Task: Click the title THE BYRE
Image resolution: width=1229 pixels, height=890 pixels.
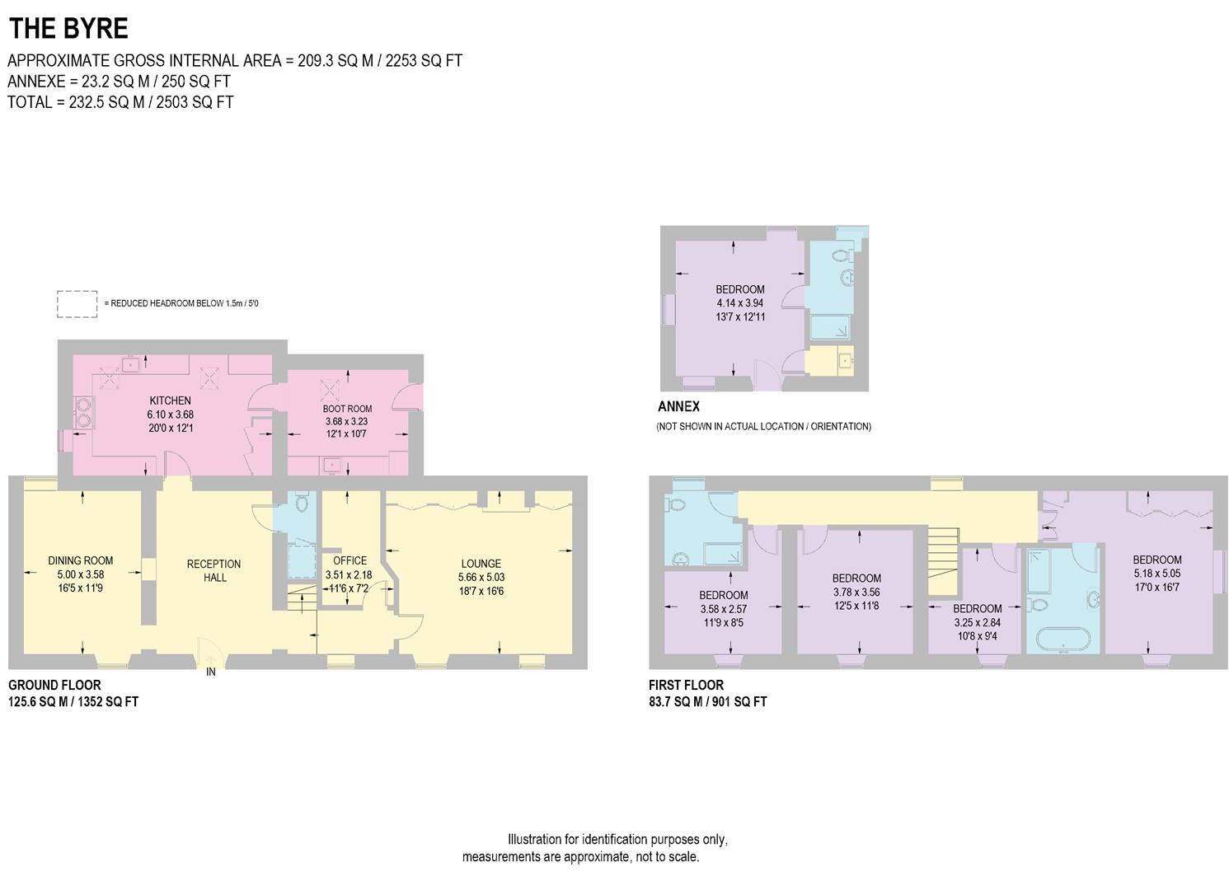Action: pyautogui.click(x=68, y=29)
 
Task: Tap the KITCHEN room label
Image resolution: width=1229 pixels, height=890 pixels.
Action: pyautogui.click(x=170, y=400)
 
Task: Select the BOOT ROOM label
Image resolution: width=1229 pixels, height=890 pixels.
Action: pyautogui.click(x=347, y=409)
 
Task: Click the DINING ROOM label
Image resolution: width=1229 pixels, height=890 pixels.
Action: pyautogui.click(x=81, y=560)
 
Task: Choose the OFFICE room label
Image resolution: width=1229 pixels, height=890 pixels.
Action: pyautogui.click(x=349, y=560)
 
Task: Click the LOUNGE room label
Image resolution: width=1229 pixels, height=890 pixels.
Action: pyautogui.click(x=481, y=564)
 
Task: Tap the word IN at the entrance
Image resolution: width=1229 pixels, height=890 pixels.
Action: pyautogui.click(x=211, y=672)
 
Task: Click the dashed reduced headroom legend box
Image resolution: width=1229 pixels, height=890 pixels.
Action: pyautogui.click(x=77, y=304)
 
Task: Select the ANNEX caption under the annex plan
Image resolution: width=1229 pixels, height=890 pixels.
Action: pyautogui.click(x=678, y=406)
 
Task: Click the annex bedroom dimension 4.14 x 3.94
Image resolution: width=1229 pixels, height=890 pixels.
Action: pyautogui.click(x=740, y=303)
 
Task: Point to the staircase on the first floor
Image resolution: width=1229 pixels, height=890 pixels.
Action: pyautogui.click(x=945, y=560)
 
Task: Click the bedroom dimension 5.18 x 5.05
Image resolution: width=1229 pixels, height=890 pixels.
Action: pyautogui.click(x=1156, y=573)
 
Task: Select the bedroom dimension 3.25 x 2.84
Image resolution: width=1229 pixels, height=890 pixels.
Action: pyautogui.click(x=977, y=623)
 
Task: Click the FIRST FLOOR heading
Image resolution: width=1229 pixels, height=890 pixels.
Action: pyautogui.click(x=686, y=685)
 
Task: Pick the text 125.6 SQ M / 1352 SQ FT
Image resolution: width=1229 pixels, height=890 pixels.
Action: pyautogui.click(x=73, y=702)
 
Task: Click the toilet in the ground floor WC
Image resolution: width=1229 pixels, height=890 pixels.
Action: pyautogui.click(x=301, y=501)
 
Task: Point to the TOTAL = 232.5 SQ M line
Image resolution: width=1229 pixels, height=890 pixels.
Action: pyautogui.click(x=120, y=102)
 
